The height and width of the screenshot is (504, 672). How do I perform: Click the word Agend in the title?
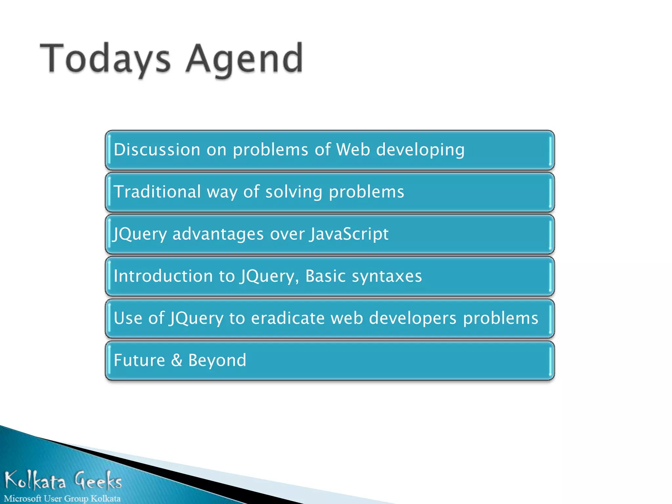(x=244, y=59)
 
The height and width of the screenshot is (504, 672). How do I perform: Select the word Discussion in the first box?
(x=157, y=150)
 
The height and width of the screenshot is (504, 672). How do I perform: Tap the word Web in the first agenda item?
(x=353, y=150)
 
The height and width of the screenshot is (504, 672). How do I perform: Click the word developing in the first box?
(x=420, y=150)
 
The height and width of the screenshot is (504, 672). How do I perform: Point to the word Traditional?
(x=157, y=192)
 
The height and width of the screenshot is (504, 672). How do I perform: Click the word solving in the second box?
(x=294, y=192)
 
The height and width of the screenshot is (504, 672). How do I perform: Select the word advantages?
(x=218, y=234)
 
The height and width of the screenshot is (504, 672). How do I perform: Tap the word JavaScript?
(x=349, y=234)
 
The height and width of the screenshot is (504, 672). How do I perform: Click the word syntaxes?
(x=387, y=276)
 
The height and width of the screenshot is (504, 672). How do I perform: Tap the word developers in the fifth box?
(x=412, y=319)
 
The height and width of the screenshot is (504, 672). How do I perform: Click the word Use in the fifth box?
(x=128, y=318)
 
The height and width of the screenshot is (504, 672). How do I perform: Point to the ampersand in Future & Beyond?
(x=177, y=360)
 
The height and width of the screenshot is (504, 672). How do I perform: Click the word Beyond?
(x=217, y=361)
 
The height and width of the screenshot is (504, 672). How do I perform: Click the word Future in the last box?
(x=139, y=360)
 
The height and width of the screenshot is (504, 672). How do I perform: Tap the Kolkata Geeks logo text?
(x=63, y=480)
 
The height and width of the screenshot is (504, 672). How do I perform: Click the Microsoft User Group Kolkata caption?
(x=62, y=498)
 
